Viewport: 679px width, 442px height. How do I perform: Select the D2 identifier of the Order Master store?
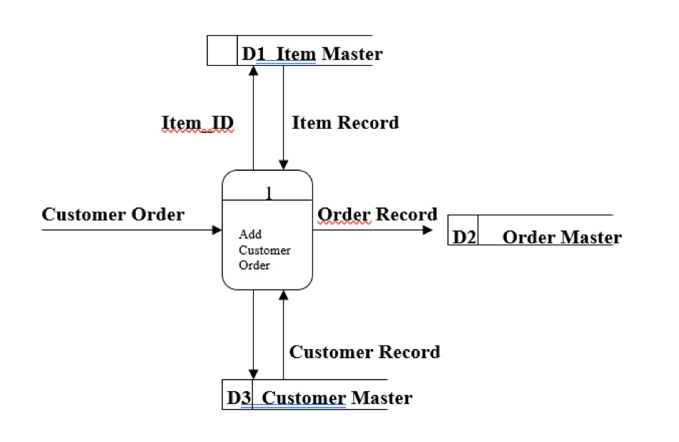point(464,237)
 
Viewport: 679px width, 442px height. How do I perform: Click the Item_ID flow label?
point(198,123)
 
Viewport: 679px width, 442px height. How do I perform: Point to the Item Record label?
point(345,123)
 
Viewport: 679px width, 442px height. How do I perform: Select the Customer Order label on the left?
point(113,215)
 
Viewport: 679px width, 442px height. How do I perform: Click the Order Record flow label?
point(377,215)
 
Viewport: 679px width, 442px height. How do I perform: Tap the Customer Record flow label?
point(365,352)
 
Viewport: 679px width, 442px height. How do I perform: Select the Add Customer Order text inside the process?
point(264,250)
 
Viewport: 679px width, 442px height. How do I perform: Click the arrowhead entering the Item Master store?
point(253,71)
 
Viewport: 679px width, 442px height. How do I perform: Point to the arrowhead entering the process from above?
point(284,164)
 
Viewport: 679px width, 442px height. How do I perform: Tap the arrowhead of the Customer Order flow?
point(217,230)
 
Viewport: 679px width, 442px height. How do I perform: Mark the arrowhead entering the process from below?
point(284,295)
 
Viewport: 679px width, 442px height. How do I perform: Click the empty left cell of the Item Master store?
point(222,51)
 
